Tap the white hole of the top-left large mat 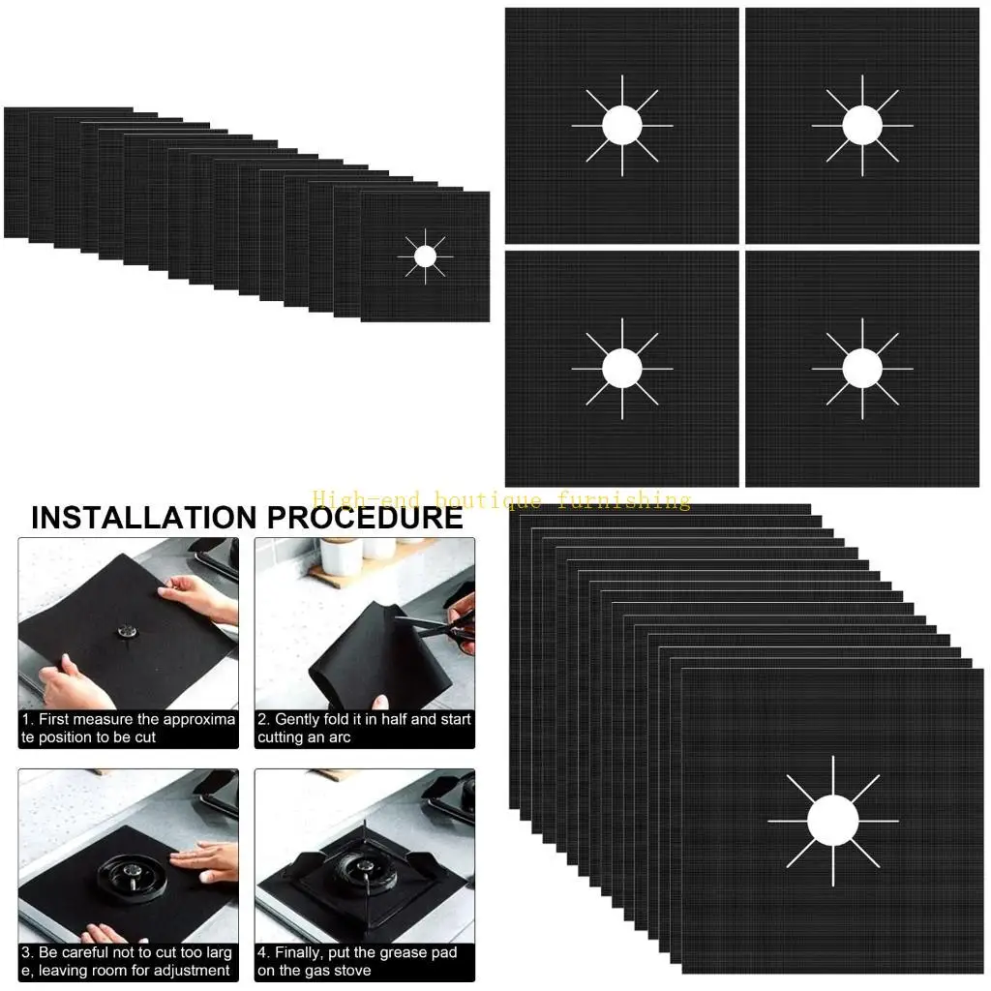[x=622, y=126]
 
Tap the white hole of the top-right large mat [x=862, y=126]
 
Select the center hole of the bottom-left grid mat [x=622, y=369]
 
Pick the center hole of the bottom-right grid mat [x=862, y=369]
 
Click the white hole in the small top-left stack [x=425, y=256]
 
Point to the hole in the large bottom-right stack [x=833, y=822]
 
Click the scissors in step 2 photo [x=451, y=616]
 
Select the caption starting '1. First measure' [x=128, y=729]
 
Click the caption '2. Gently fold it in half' [x=364, y=729]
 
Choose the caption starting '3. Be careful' [x=128, y=961]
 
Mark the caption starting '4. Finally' [x=364, y=961]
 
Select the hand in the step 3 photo [x=210, y=859]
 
